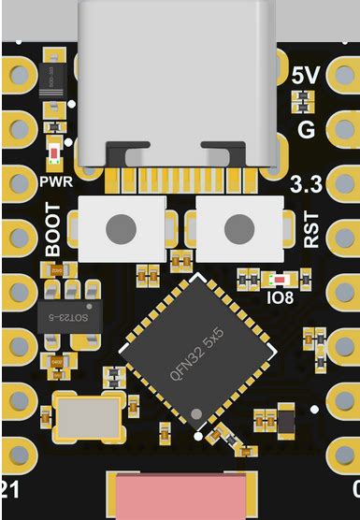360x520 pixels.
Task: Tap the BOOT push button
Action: (120, 227)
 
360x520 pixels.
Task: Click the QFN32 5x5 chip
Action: (198, 355)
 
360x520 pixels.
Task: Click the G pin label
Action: (306, 129)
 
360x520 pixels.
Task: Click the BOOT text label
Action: (54, 236)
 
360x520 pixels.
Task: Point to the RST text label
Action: (312, 229)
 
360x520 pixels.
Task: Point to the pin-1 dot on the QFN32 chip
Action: (196, 413)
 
